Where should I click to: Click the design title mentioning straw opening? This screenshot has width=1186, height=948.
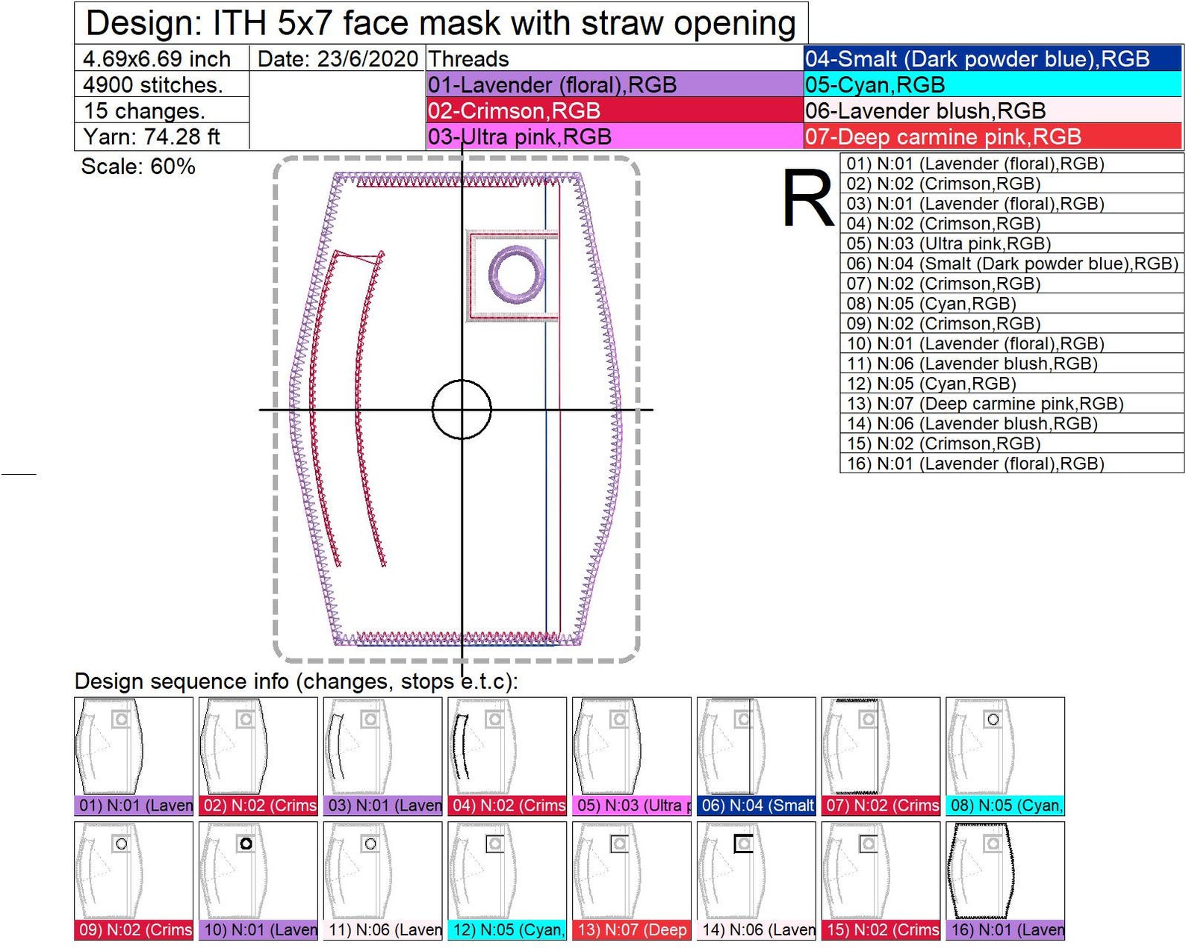tap(441, 23)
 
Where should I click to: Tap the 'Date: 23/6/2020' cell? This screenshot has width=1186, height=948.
tap(337, 59)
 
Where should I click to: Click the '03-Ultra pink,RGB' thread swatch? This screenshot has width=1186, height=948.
tap(614, 137)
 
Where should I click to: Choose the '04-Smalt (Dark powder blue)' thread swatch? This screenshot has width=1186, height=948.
tap(993, 59)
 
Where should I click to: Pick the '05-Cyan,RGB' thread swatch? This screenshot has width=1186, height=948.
tap(993, 85)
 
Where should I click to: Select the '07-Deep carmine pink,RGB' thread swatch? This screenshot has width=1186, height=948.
tap(993, 137)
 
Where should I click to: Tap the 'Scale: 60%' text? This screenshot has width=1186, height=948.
tap(138, 166)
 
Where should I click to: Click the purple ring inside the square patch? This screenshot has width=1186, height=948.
tap(516, 274)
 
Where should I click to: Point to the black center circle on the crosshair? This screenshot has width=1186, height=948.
tap(462, 409)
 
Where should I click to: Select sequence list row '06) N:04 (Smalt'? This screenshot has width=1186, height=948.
tap(1011, 263)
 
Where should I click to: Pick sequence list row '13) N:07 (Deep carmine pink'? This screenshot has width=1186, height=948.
tap(1011, 404)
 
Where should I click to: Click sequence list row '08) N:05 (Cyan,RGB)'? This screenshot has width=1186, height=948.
tap(1011, 304)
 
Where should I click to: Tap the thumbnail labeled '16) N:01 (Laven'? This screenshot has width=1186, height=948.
tap(1005, 879)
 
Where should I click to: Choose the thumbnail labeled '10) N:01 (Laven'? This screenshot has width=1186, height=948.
tap(258, 879)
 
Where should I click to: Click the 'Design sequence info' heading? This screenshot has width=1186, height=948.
tap(296, 682)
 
